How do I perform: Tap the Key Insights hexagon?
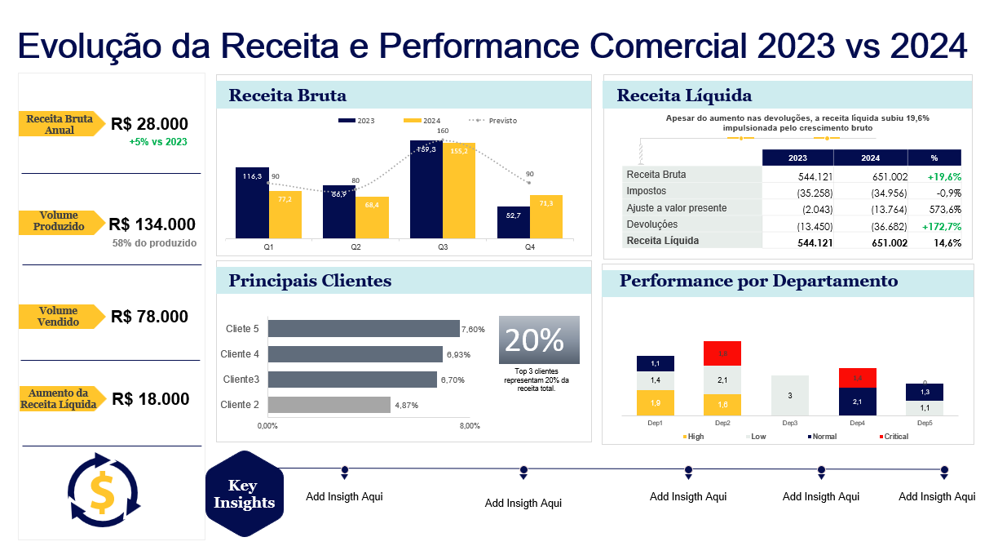pos(244,494)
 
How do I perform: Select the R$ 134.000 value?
pos(152,224)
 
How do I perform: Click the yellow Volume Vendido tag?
pos(61,317)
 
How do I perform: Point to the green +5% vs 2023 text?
pos(157,141)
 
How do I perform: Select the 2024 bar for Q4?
pos(545,216)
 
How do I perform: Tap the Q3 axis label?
pos(443,246)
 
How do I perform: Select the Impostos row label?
pos(647,192)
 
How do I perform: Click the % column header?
pos(934,158)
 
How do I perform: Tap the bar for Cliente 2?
pos(329,405)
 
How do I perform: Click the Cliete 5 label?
pos(242,329)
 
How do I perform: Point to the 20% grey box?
pos(539,340)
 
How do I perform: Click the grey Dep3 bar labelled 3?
pos(789,396)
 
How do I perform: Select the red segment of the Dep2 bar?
pos(722,353)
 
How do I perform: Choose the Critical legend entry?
pos(894,437)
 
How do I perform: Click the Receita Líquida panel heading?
pos(684,96)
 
